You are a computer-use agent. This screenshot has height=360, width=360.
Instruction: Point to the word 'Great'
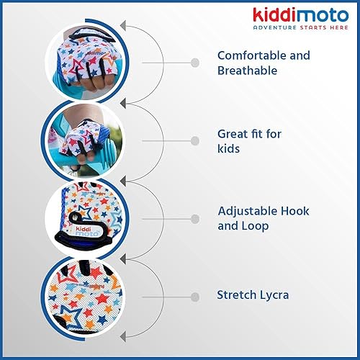(232, 133)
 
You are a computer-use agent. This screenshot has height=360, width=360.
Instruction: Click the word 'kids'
(228, 148)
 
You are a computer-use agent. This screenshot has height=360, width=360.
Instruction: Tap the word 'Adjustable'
(246, 211)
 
